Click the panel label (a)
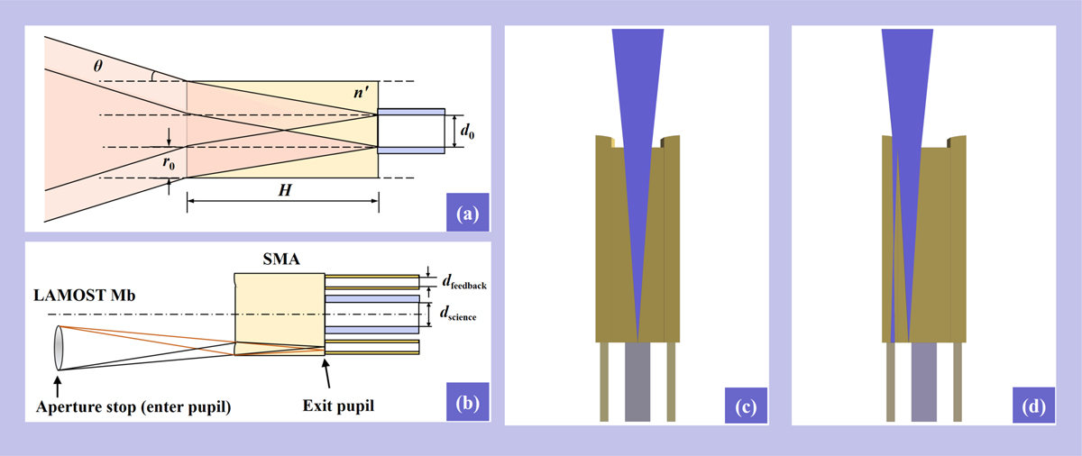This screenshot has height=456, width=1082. [x=467, y=214]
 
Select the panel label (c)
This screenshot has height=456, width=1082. [x=742, y=405]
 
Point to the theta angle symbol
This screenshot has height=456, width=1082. [x=98, y=66]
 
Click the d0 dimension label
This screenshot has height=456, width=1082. [x=465, y=129]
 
